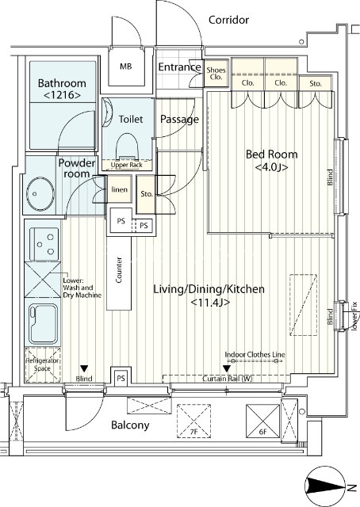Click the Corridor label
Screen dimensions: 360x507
(228, 20)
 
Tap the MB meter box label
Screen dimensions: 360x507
(126, 67)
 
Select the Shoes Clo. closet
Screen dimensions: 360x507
(216, 74)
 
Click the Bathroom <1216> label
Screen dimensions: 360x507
(62, 89)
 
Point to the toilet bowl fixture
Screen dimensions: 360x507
(128, 147)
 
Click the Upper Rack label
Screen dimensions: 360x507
(127, 165)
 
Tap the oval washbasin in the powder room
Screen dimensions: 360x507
(40, 194)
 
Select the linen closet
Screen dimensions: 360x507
(120, 189)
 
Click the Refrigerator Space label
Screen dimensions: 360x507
(42, 364)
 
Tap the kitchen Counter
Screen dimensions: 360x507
(119, 273)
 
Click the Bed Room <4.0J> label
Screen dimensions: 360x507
(272, 160)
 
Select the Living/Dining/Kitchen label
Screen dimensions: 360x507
(209, 288)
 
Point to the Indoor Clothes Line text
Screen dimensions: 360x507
(255, 354)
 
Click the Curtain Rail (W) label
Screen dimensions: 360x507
(228, 379)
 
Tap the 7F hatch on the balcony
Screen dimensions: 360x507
(193, 421)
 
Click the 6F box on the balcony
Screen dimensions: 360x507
(263, 421)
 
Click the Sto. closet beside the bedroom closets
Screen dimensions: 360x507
(316, 83)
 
